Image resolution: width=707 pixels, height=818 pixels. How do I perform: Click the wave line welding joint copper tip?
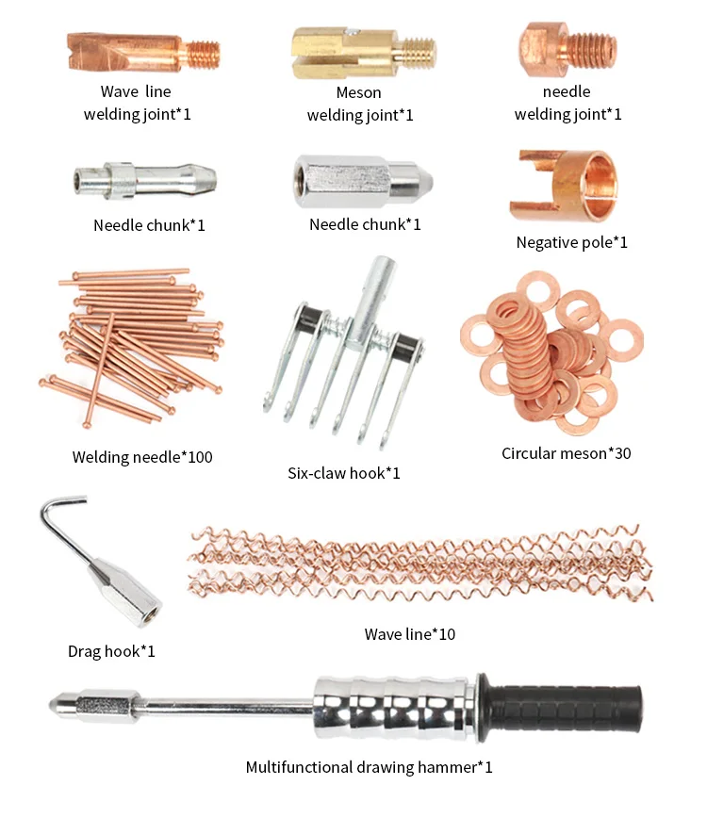pos(141,53)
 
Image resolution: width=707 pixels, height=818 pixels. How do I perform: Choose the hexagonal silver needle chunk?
pos(362,181)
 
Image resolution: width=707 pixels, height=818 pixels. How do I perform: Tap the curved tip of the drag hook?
pos(49,513)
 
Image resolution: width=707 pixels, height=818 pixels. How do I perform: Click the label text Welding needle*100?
pos(142,457)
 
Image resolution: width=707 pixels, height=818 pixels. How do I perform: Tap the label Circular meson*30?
pos(566,453)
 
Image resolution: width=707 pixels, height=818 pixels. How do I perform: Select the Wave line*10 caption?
pos(409,634)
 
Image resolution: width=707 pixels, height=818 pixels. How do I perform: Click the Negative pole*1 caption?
pos(571,242)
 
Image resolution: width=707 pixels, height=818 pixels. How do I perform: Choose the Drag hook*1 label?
pos(111,651)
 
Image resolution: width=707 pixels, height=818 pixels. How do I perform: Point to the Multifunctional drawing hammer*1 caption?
pos(369,767)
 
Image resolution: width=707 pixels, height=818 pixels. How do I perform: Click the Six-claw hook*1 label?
pos(343,473)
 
